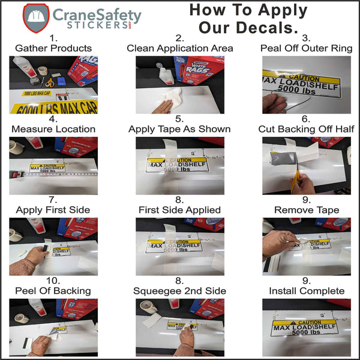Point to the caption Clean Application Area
[x=179, y=48]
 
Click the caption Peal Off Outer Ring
[x=306, y=48]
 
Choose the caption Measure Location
[x=53, y=129]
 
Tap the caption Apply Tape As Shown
[x=179, y=129]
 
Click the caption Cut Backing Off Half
[x=306, y=129]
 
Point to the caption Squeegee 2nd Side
[x=179, y=291]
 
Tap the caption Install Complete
[x=306, y=291]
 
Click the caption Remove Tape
[x=306, y=210]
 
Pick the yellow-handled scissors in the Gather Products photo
[x=50, y=82]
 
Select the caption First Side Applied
[x=179, y=210]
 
